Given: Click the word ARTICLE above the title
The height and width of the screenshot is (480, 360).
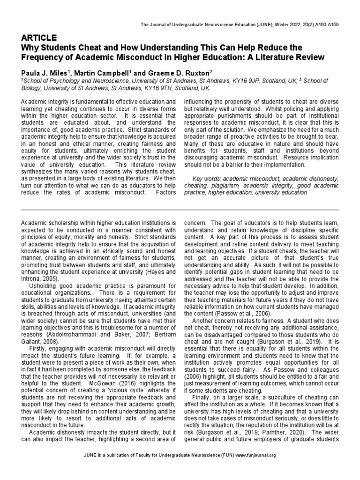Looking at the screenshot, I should pos(39,38).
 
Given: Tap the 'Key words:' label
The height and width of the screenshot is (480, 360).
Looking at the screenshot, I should pos(207,179).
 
